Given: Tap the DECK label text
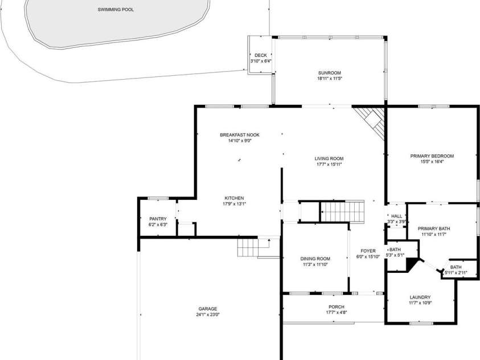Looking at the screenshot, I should click(x=260, y=55).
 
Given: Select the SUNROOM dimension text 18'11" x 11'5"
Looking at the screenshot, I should click(x=329, y=79).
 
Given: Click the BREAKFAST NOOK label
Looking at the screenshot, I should click(x=240, y=134).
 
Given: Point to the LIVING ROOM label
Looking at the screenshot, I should click(x=329, y=158).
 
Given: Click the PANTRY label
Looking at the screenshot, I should click(x=158, y=219).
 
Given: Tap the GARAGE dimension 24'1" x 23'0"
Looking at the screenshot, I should click(x=208, y=314).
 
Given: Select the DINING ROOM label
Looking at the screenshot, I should click(x=315, y=259).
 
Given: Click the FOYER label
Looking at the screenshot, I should click(x=368, y=251).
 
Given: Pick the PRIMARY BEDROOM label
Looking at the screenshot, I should click(x=432, y=156).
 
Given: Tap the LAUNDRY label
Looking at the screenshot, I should click(x=420, y=297).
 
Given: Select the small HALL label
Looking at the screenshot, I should click(x=396, y=216).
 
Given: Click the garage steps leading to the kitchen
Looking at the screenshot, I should click(x=248, y=248).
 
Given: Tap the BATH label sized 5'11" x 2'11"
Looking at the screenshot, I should click(x=456, y=267).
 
